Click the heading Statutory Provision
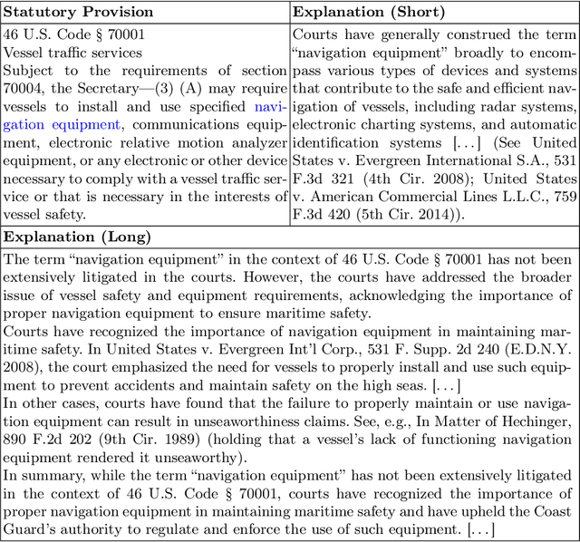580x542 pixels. (x=80, y=12)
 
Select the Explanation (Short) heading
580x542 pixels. (x=369, y=12)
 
